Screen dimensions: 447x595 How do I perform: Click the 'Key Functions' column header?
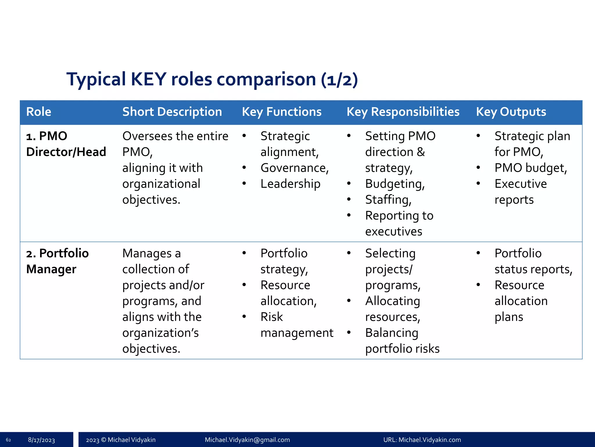tap(282, 112)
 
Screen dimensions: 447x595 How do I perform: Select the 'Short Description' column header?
tap(172, 112)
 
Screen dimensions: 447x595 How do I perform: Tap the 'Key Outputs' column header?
tap(511, 112)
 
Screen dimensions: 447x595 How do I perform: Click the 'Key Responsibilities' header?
tap(403, 112)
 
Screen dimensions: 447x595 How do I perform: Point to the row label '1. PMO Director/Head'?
tap(66, 144)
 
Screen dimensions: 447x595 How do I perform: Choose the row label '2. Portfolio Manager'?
tap(57, 261)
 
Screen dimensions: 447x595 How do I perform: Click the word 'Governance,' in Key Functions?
tap(295, 168)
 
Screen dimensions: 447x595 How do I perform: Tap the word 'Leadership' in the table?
tap(290, 184)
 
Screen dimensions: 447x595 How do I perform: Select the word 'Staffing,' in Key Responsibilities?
tap(388, 200)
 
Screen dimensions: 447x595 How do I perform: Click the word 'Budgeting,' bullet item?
tap(395, 184)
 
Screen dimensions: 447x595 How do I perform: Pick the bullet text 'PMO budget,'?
tap(531, 168)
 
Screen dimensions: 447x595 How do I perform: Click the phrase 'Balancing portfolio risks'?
tap(402, 341)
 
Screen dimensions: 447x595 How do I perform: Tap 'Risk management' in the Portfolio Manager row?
tap(296, 325)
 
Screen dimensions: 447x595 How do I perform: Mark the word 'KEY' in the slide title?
tap(148, 79)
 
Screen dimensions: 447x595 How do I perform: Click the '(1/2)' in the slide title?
tap(339, 80)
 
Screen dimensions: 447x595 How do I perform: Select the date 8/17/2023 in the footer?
tap(41, 440)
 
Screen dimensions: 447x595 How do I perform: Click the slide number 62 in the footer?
tap(8, 440)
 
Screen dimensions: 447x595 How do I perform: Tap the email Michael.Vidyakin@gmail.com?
tap(247, 440)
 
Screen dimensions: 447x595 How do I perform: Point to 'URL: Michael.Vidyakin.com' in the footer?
tap(422, 440)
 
